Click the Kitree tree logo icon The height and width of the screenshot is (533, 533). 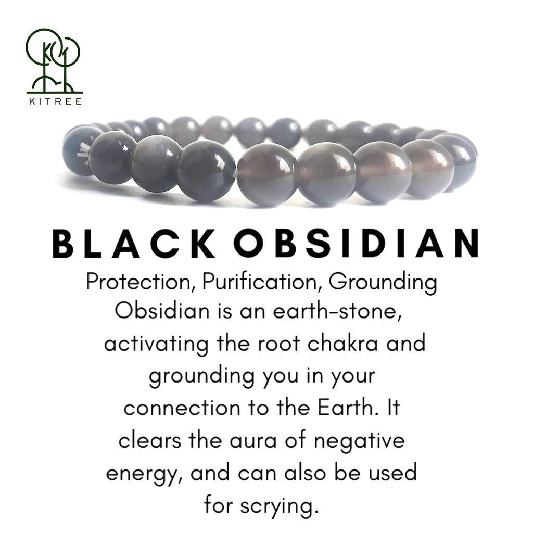pyautogui.click(x=54, y=60)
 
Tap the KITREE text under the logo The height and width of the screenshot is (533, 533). pyautogui.click(x=54, y=101)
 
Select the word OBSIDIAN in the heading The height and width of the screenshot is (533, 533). pyautogui.click(x=356, y=243)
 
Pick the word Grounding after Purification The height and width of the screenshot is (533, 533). pyautogui.click(x=383, y=283)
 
